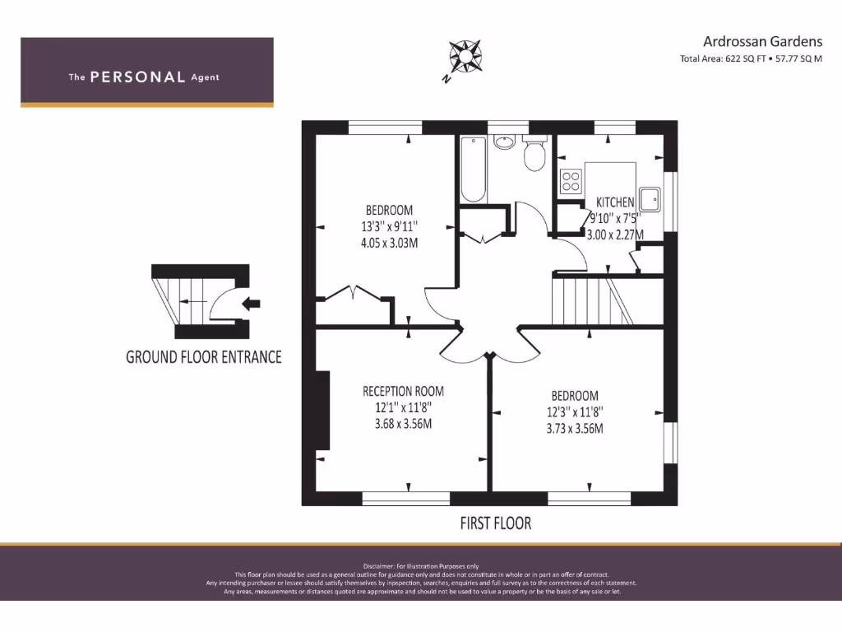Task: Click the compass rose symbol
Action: tap(465, 56)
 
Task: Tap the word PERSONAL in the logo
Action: tap(137, 77)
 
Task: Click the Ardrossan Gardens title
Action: tap(762, 41)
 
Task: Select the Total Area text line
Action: tap(751, 59)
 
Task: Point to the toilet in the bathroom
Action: tap(534, 154)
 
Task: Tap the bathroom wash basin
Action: tap(504, 142)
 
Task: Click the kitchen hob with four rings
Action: tap(570, 181)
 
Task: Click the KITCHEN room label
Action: tap(615, 202)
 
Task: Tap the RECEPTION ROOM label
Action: tap(403, 392)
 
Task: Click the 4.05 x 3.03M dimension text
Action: tap(390, 243)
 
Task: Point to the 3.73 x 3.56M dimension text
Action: tap(575, 428)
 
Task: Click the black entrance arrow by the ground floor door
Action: tap(252, 303)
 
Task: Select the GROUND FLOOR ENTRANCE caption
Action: tap(203, 357)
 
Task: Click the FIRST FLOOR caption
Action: tap(495, 523)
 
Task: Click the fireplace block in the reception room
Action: tap(323, 410)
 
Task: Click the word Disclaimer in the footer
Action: tap(378, 566)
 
